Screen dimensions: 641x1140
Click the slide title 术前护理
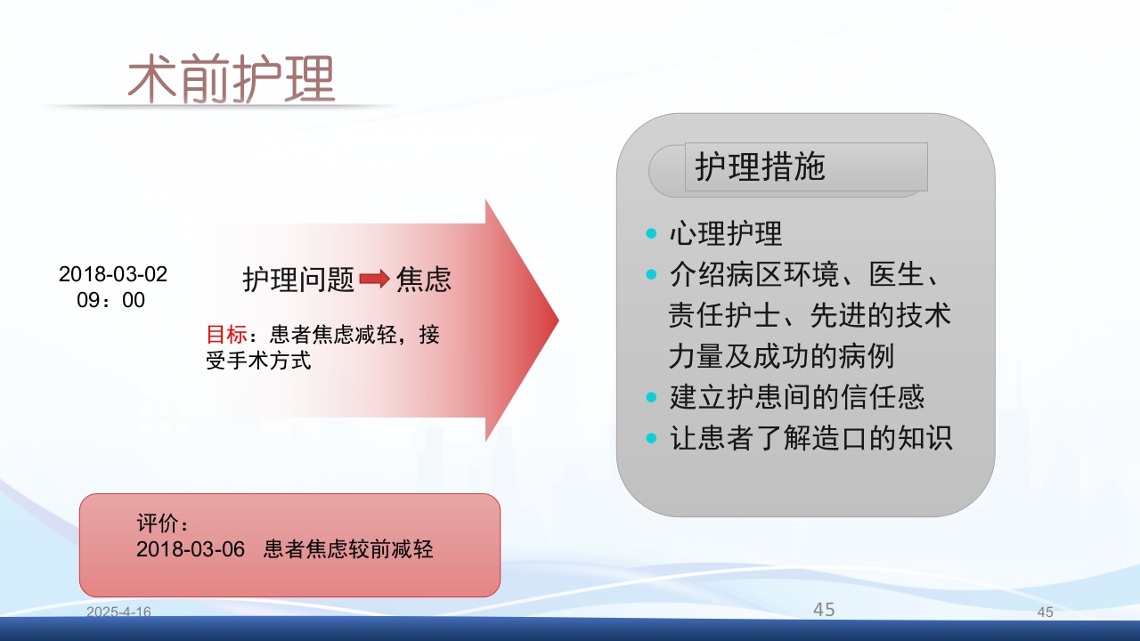tap(232, 80)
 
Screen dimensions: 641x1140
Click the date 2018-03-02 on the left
tap(113, 274)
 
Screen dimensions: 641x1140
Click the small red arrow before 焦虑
tap(375, 280)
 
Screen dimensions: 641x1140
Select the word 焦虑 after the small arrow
tap(424, 280)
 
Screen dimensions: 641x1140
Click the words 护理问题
tap(299, 280)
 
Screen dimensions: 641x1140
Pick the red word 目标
tap(226, 336)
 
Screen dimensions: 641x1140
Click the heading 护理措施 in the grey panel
tap(761, 167)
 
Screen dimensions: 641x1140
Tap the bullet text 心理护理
tap(726, 234)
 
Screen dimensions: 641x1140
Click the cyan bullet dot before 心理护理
tap(651, 234)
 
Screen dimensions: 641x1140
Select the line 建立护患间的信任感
tap(797, 397)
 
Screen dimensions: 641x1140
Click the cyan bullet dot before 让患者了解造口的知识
tap(651, 438)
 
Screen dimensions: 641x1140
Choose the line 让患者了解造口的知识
tap(810, 438)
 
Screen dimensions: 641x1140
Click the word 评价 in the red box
tap(157, 523)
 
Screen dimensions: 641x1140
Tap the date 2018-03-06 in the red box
tap(191, 549)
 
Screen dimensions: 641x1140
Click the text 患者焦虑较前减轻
tap(348, 549)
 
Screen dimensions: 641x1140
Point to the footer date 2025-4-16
tap(118, 613)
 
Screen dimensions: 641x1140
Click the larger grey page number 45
tap(824, 610)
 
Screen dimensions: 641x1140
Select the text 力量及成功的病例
tap(781, 356)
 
